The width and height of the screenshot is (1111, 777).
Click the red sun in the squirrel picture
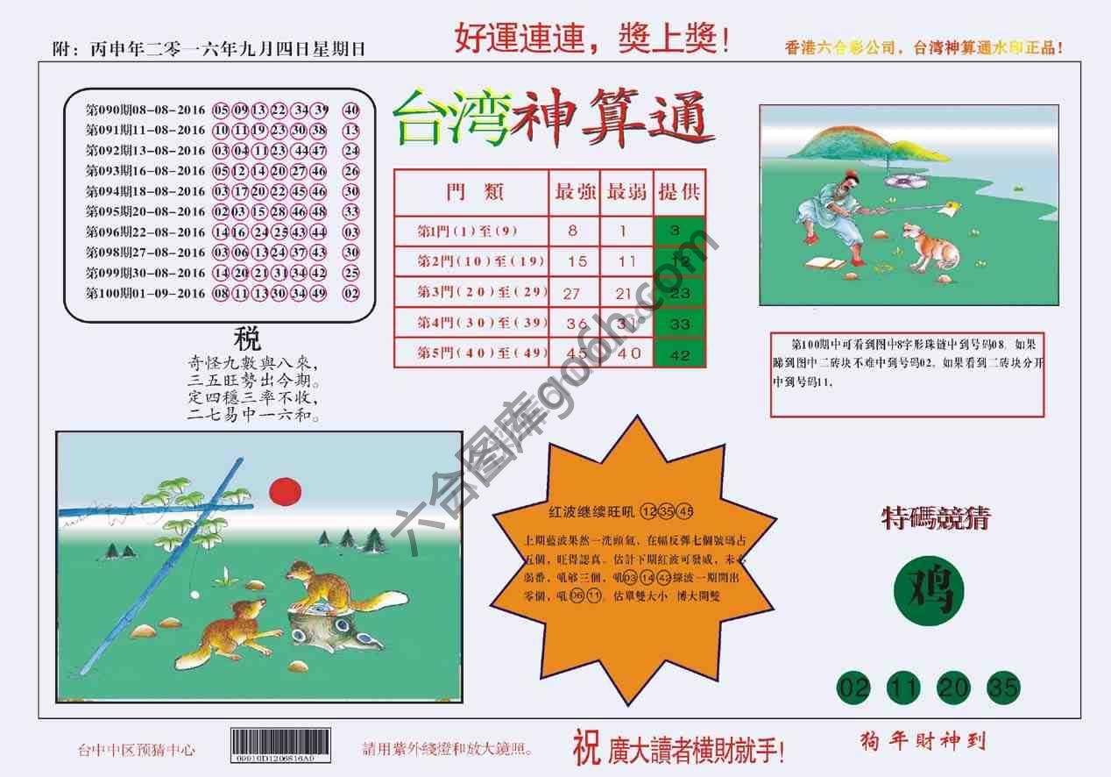point(285,490)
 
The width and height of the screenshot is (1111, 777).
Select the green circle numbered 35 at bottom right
point(1004,688)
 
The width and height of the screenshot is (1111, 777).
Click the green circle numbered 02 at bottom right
point(853,688)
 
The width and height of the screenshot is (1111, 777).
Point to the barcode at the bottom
point(280,745)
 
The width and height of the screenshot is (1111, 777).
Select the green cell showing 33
point(679,324)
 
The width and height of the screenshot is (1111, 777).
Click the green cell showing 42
point(679,354)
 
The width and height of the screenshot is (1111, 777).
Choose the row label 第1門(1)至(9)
point(471,232)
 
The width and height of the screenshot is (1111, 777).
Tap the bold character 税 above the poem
point(247,338)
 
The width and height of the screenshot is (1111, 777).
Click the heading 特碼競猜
point(934,518)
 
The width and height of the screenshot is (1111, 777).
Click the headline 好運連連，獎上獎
point(591,39)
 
